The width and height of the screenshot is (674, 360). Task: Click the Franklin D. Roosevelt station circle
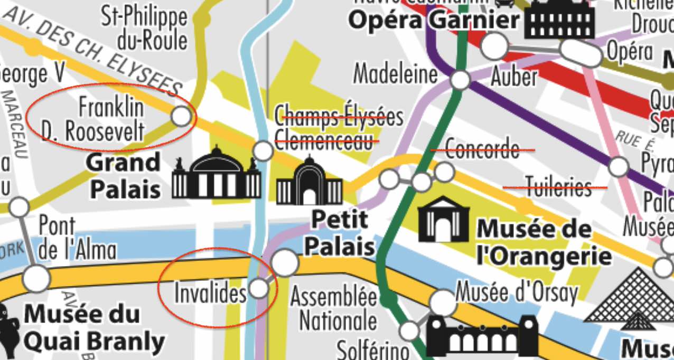181,116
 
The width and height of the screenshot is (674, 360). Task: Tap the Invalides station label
210,293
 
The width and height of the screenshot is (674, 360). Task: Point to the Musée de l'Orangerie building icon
444,219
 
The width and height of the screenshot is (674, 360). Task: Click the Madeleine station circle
461,80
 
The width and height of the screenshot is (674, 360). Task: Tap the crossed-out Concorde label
482,150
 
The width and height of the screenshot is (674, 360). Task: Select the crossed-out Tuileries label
555,187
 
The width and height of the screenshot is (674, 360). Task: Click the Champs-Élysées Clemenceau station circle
263,151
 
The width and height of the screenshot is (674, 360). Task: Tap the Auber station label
513,78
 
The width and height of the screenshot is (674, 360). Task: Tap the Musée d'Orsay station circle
442,302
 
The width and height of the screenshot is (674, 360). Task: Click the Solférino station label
372,349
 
